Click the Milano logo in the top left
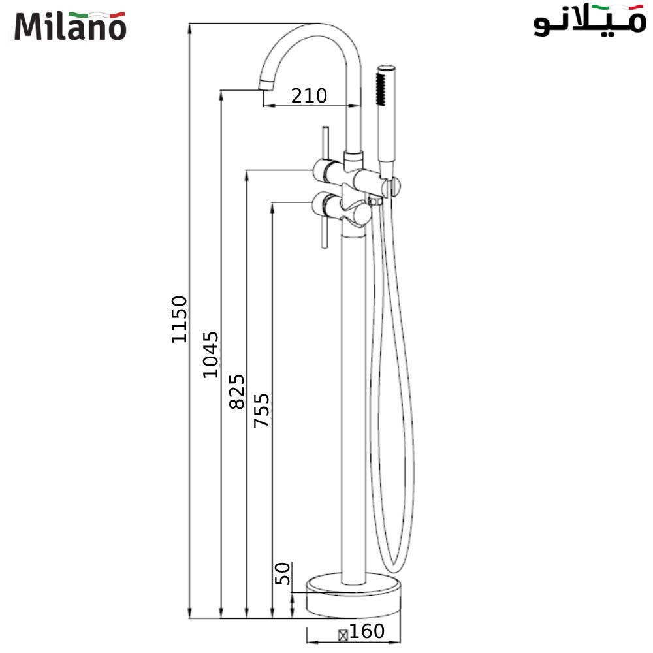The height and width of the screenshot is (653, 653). point(70,25)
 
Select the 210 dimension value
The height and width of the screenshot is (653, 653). point(309,96)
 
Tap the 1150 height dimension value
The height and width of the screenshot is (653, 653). point(180,319)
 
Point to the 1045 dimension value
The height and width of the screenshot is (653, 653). point(210,355)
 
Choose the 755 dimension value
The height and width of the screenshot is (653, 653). point(261,410)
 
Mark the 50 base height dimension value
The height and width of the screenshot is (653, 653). point(282,575)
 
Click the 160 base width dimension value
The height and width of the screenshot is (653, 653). point(366,631)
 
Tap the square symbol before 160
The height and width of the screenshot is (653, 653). point(342,633)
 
